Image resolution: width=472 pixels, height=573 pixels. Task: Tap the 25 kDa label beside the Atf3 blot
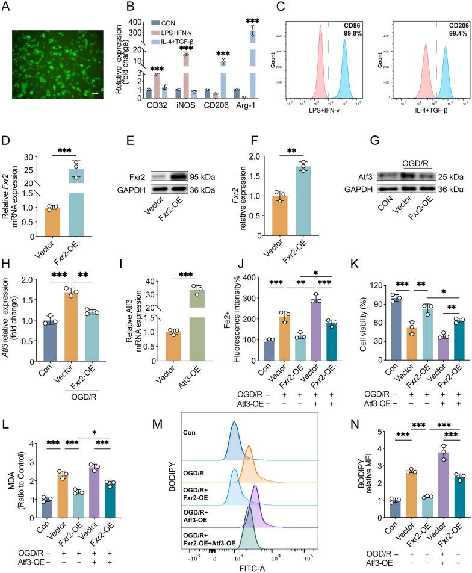[x=451, y=178]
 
